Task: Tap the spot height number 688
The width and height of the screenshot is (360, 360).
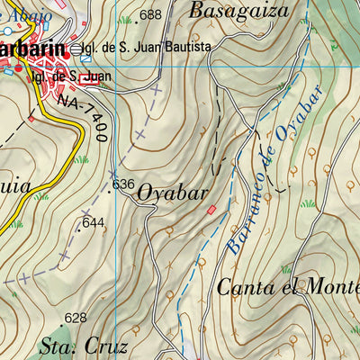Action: coord(151,14)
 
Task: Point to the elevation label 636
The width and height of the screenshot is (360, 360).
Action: coord(123,184)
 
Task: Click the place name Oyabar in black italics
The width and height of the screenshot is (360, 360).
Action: coord(173,193)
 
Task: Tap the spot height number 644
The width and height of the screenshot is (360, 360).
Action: coord(94,222)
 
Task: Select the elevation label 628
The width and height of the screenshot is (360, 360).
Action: coord(76,318)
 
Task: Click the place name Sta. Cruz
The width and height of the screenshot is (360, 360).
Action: coord(85,346)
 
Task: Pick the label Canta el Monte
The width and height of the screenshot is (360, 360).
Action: coord(288,288)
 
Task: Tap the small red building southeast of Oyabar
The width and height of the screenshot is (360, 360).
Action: coord(212,210)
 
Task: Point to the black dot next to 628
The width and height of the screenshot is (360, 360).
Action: coord(61,318)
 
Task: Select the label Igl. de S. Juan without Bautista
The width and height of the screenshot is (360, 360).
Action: coord(70,76)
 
